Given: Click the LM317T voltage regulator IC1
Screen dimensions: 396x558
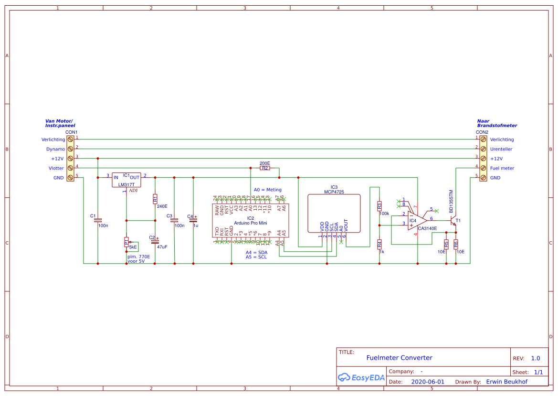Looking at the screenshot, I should pos(126,180).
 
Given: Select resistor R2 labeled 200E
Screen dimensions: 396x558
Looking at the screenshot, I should pos(265,168).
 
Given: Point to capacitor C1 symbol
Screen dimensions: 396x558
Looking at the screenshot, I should pos(98,220).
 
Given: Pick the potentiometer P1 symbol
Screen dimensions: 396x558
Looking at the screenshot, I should pos(126,242).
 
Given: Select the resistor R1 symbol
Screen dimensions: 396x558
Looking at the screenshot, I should pos(155,199).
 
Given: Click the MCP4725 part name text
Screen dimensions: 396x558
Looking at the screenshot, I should pos(334,192).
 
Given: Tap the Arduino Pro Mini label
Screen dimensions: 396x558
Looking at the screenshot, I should pos(251,223).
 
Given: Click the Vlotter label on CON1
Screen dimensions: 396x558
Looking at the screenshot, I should pos(56,168).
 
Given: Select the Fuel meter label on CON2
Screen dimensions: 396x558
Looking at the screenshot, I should pos(502,168).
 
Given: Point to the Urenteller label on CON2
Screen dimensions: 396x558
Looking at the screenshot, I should pos(502,149).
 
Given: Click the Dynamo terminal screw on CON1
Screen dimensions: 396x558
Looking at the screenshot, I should pos(70,149).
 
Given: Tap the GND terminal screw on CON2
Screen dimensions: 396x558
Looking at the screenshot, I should pos(483,178).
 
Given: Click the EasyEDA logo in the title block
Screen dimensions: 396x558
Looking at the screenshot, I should pos(361,377).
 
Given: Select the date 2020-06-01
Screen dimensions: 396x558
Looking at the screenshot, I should pos(428,382).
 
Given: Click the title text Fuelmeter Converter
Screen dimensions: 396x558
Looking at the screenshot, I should pos(399,358).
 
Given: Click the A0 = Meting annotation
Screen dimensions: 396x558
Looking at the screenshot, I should pos(268,190).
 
